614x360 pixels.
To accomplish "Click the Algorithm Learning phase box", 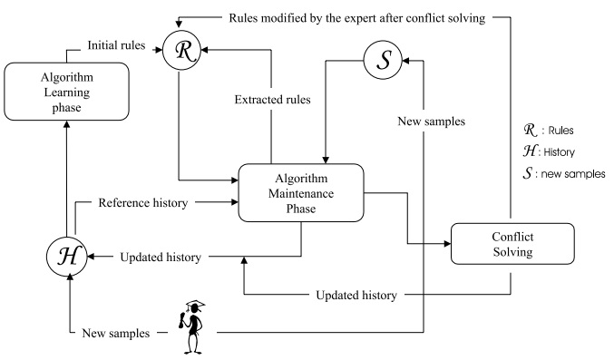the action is click(x=66, y=92).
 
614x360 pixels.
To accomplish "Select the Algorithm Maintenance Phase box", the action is click(x=301, y=193).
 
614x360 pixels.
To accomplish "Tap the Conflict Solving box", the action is click(x=512, y=244).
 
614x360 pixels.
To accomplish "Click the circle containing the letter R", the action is click(x=181, y=50).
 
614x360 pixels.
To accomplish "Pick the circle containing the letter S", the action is click(x=383, y=60).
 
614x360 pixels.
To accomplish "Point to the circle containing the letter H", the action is click(x=66, y=257).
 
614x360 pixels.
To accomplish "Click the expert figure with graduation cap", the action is click(x=192, y=327).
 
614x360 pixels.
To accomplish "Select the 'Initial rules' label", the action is click(x=116, y=45).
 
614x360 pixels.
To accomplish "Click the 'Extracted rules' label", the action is click(x=273, y=100).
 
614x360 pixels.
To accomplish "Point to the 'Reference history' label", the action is click(x=143, y=202).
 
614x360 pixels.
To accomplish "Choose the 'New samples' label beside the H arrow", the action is click(x=116, y=333).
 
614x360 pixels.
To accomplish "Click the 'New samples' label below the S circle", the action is click(x=431, y=121).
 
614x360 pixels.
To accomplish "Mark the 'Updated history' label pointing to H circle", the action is click(x=161, y=257).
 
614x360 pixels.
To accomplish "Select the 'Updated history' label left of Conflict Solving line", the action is click(x=356, y=295).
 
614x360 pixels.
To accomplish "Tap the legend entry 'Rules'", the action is click(x=560, y=130).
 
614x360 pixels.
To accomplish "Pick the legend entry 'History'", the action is click(x=560, y=152).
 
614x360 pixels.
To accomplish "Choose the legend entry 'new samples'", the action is click(x=573, y=173).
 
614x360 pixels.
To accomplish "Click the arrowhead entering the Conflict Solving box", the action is click(x=447, y=244).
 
